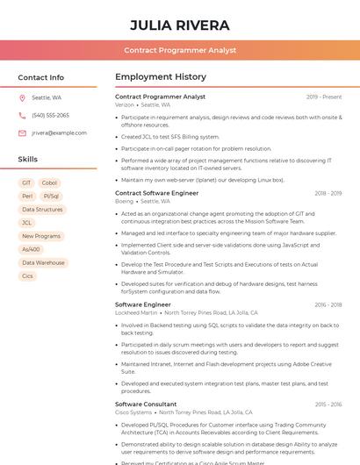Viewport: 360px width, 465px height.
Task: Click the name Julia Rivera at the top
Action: (180, 25)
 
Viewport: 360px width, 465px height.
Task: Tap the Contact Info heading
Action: (41, 77)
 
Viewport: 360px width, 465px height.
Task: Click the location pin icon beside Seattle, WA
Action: (22, 98)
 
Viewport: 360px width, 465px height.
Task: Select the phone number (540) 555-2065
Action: (50, 115)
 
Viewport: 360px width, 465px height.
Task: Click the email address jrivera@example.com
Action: (59, 132)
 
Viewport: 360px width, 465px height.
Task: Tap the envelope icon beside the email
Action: (22, 132)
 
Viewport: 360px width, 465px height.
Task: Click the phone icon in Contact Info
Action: (22, 115)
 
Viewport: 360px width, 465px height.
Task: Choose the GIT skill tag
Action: (26, 182)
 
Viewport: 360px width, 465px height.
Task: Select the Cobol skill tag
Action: (49, 182)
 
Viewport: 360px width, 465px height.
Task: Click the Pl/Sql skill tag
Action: (52, 197)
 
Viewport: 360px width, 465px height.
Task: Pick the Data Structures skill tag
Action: (42, 210)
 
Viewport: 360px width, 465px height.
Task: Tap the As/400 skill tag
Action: (31, 249)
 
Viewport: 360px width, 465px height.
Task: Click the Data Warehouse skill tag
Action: (43, 262)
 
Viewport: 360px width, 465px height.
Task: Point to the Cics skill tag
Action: (27, 275)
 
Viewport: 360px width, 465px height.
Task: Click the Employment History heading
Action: (161, 77)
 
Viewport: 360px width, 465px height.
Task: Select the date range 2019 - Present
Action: (324, 97)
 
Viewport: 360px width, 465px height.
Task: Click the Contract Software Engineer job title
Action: (157, 192)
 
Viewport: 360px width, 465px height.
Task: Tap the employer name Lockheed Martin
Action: (136, 312)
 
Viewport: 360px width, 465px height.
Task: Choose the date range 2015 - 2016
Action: (328, 404)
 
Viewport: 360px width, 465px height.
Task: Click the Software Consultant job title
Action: (146, 404)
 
